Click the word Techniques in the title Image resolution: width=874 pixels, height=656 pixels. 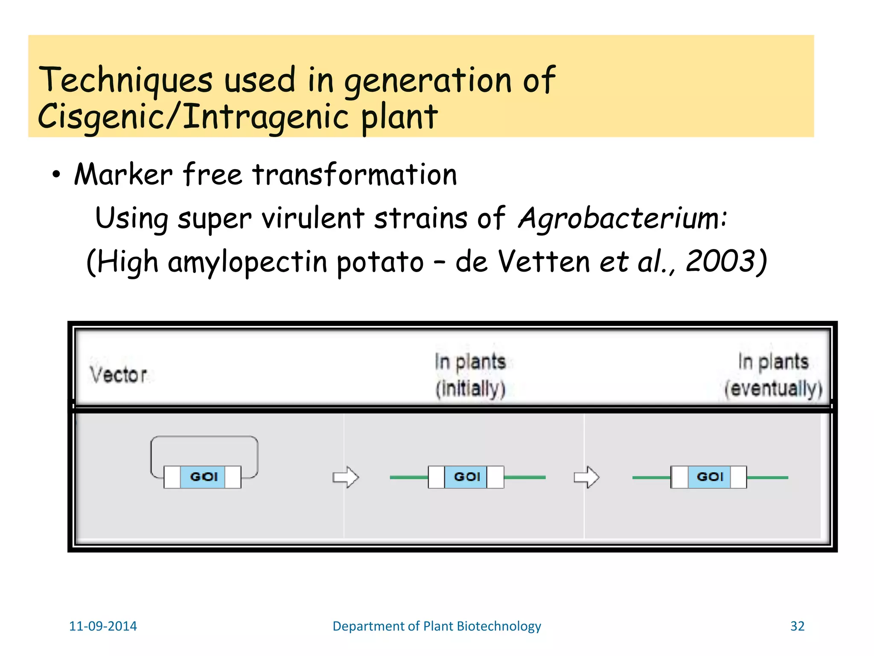125,80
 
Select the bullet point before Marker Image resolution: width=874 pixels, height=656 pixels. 56,175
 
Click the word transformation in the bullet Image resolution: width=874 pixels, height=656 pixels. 355,175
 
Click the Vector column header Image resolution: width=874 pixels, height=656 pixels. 119,375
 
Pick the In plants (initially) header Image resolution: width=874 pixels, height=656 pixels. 470,375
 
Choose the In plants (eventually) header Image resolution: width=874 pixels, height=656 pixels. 773,375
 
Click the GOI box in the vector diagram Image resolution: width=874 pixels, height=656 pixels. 204,477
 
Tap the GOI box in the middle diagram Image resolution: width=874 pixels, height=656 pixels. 466,477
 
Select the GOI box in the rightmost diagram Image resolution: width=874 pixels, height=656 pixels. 709,477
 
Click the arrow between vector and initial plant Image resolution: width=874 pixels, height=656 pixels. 346,477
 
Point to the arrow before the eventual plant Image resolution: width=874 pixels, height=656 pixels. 586,477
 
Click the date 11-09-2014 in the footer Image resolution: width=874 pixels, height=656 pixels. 103,626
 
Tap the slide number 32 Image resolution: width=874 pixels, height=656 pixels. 797,626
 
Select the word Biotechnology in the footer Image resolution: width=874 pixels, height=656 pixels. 498,626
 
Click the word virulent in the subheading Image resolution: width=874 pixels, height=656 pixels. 312,219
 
